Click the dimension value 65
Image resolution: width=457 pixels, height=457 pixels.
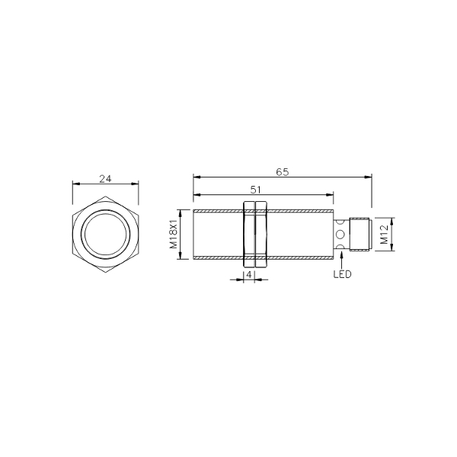click(282, 172)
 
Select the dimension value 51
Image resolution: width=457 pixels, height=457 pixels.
click(255, 190)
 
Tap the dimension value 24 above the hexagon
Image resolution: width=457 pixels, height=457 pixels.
click(105, 179)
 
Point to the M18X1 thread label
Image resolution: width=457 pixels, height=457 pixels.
click(174, 234)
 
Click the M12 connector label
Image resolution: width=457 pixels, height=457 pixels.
click(384, 235)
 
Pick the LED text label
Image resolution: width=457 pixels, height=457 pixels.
click(343, 274)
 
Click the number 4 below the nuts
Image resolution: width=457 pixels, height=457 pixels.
click(249, 275)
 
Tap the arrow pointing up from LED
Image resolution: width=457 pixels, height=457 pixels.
click(341, 260)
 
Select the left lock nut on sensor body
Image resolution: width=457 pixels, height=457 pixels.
click(248, 234)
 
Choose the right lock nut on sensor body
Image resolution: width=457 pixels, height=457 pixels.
click(261, 234)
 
